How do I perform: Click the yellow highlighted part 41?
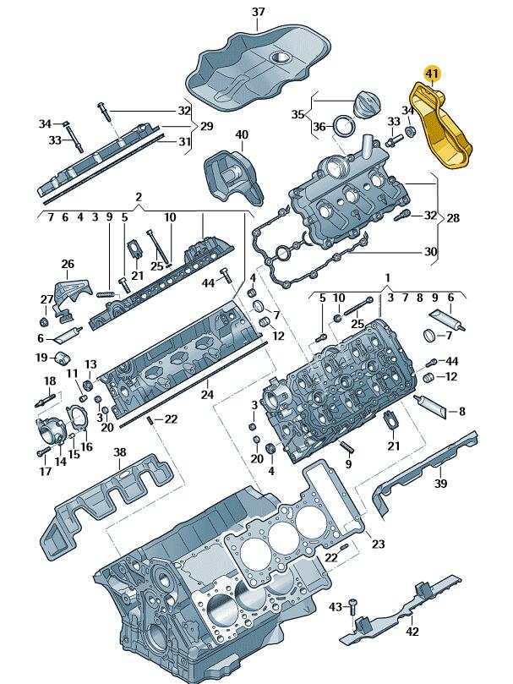pyautogui.click(x=441, y=136)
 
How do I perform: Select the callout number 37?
pyautogui.click(x=259, y=12)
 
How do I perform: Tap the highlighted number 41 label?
pyautogui.click(x=433, y=74)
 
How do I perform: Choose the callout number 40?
pyautogui.click(x=242, y=135)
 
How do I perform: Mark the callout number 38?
pyautogui.click(x=120, y=453)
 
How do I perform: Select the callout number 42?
pyautogui.click(x=412, y=631)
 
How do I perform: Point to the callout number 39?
pyautogui.click(x=440, y=484)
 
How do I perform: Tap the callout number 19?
pyautogui.click(x=41, y=358)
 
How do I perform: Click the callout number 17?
pyautogui.click(x=45, y=471)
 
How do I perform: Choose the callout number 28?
pyautogui.click(x=453, y=218)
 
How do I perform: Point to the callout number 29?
pyautogui.click(x=205, y=126)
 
